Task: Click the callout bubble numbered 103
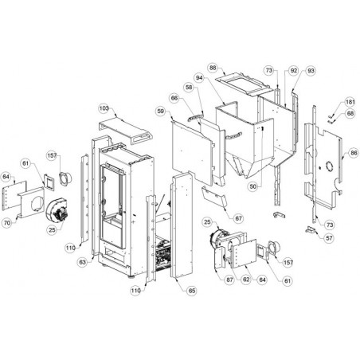point(104,108)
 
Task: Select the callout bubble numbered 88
point(213,68)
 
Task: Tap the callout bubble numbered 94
point(200,78)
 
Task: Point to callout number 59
point(161,111)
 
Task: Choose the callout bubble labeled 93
point(311,71)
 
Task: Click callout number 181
point(350,102)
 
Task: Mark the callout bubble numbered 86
point(354,153)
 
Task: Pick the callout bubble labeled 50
point(253,186)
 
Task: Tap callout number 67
point(239,218)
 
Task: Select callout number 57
point(329,238)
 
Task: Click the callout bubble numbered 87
point(229,280)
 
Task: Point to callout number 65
point(192,291)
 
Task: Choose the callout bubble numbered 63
point(83,263)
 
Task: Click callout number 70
point(7,223)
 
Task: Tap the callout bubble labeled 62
point(246,280)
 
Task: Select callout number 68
point(350,114)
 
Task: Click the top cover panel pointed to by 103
point(126,130)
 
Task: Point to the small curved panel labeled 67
point(214,197)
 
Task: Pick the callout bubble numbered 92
point(294,71)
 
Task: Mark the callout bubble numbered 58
point(189,88)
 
